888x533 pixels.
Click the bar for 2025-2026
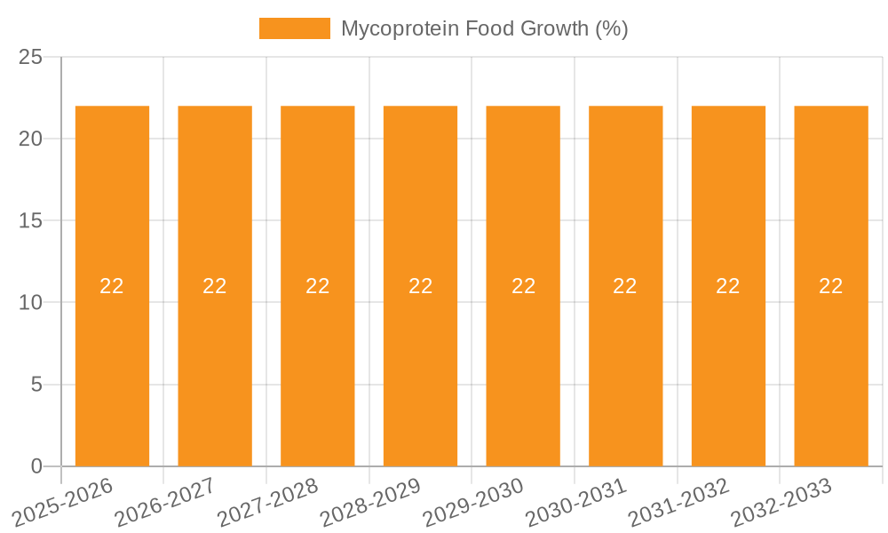(x=112, y=373)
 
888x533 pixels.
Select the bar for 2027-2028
(x=318, y=373)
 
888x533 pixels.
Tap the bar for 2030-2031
(x=626, y=373)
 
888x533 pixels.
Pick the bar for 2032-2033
(x=831, y=373)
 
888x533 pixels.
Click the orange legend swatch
(x=294, y=28)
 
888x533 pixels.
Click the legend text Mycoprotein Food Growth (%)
(x=485, y=28)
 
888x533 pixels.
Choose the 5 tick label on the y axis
(x=36, y=385)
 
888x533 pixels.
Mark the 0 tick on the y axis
(x=36, y=466)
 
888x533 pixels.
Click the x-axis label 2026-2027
(x=164, y=503)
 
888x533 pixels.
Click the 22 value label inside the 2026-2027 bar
(x=215, y=286)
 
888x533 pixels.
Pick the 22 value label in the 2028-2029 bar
(x=420, y=286)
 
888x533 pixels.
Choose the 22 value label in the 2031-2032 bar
(x=728, y=286)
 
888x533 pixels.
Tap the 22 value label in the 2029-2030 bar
(x=523, y=286)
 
